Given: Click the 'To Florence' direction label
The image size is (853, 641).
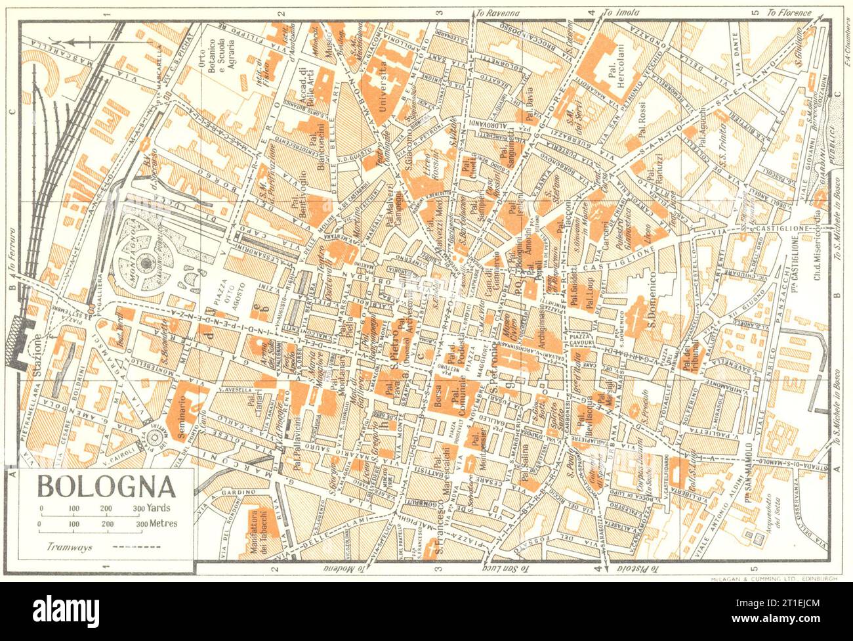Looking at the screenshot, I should point(791,12).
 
